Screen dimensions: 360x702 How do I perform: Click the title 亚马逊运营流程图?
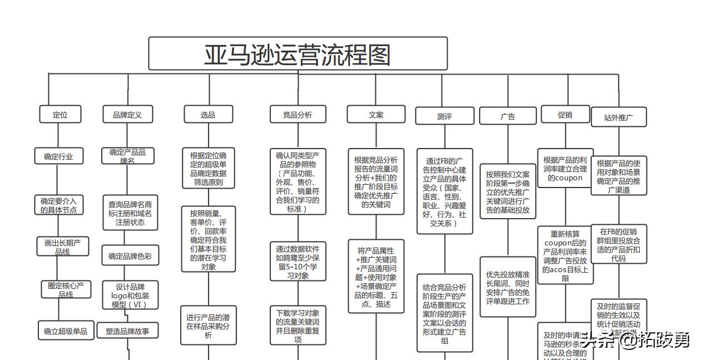[298, 55]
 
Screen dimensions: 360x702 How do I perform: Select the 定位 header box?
[60, 115]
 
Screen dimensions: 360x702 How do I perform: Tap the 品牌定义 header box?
[127, 115]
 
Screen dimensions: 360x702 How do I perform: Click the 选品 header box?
[208, 115]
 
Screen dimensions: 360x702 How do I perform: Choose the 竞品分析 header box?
[298, 115]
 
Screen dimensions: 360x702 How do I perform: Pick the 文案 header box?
[376, 115]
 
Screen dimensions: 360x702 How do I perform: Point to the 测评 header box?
[444, 116]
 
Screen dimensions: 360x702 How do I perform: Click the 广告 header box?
[507, 116]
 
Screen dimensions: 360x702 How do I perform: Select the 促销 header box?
[565, 115]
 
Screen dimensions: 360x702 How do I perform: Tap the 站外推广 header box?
[618, 117]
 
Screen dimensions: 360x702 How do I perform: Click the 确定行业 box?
[58, 156]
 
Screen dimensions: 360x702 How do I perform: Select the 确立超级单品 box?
[66, 331]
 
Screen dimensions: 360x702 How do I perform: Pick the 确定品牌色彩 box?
[130, 256]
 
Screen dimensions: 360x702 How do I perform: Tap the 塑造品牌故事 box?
[127, 331]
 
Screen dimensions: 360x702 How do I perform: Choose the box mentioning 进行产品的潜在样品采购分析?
[208, 326]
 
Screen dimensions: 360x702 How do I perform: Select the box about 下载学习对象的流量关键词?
[298, 326]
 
